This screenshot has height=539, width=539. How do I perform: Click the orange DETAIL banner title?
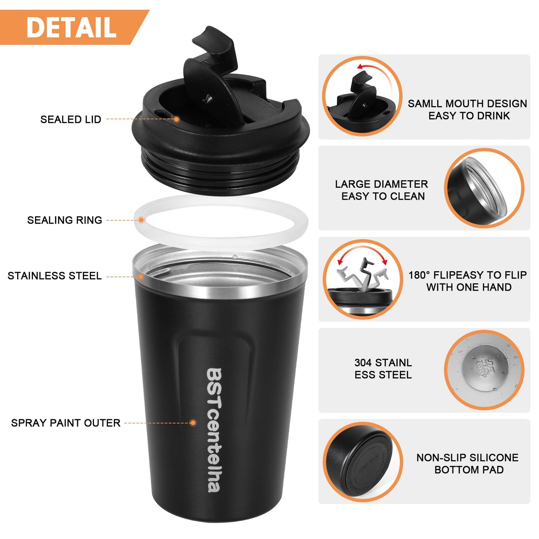coord(71,27)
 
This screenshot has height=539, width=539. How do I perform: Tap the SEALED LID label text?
coord(71,119)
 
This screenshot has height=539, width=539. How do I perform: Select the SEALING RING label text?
coord(65,220)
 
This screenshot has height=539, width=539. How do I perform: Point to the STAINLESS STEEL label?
coord(54,276)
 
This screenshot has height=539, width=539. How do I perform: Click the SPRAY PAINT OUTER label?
coord(66,423)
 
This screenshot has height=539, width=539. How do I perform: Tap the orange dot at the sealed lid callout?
coord(176,119)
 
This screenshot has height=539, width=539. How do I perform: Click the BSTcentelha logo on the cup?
coord(214,430)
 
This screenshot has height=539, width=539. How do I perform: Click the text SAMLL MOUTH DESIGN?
coord(467,104)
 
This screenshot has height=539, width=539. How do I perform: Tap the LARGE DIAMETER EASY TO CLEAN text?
coord(382,190)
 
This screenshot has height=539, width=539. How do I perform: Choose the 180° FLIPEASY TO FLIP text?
coord(468,275)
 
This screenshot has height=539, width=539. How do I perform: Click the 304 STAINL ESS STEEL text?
coord(383,369)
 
